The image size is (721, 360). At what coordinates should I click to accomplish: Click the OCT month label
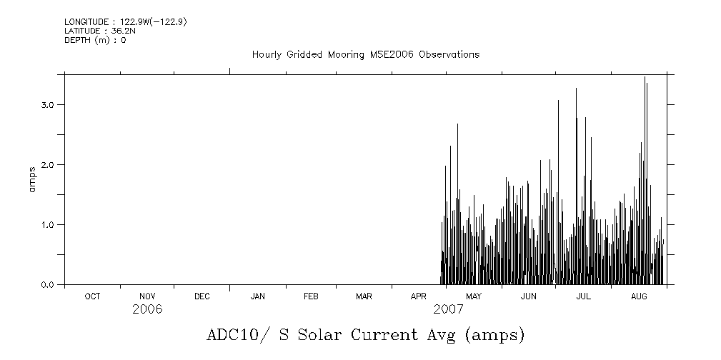tap(92, 296)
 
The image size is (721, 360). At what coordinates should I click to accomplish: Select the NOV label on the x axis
tap(147, 296)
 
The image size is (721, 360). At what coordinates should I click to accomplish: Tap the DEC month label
tap(202, 296)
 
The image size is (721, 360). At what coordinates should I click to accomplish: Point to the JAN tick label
tap(257, 296)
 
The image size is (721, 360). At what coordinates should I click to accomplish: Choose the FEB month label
tap(311, 296)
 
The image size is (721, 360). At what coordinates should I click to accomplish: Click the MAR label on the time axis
tap(364, 296)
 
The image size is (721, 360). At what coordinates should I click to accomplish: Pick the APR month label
tap(419, 296)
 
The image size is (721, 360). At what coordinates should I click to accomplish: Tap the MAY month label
tap(473, 296)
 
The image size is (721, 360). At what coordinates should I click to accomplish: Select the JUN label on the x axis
tap(528, 296)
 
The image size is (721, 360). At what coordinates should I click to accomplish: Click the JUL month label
tap(583, 296)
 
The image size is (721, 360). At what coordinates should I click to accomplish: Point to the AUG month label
tap(639, 296)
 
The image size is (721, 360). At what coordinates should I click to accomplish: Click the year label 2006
tap(147, 309)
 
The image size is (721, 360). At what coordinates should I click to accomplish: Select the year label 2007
tap(448, 309)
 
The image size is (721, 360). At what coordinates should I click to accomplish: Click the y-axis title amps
tap(32, 179)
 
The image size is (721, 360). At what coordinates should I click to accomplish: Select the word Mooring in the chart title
tap(348, 55)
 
